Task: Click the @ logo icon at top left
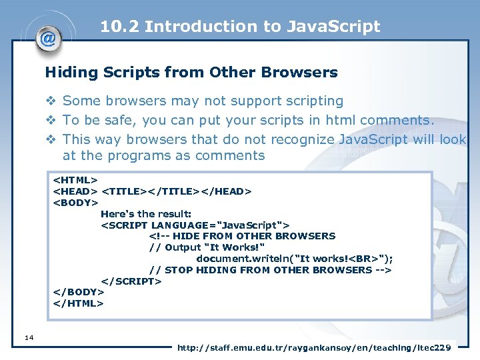pos(49,38)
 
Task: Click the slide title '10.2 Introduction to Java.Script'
pos(240,27)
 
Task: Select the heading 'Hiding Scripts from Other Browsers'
pos(191,72)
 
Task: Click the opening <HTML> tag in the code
pos(76,180)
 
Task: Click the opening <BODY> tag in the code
pos(76,203)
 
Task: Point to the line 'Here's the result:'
pos(146,214)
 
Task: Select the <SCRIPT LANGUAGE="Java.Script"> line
pos(195,225)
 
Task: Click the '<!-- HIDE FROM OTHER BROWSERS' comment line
pos(242,236)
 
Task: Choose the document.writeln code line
pos(294,259)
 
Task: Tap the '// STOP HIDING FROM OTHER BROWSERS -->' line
pos(270,270)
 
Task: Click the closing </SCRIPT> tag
pos(131,281)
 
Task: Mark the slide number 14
pos(28,338)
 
